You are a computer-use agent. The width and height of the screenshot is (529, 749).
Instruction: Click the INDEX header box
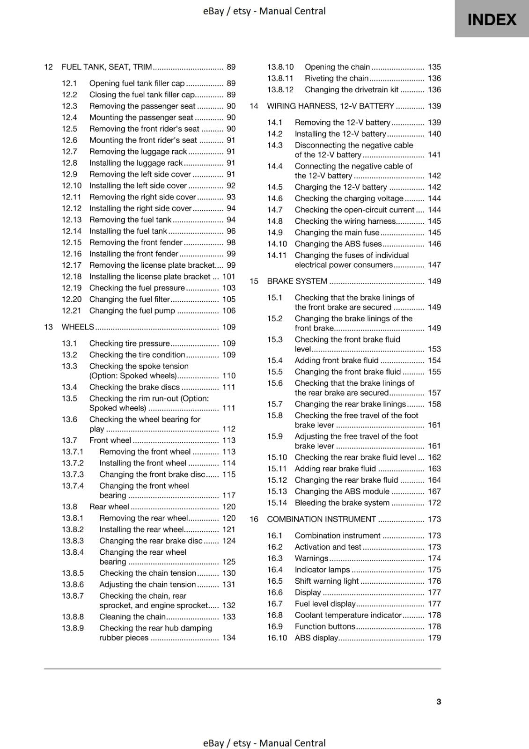coord(492,19)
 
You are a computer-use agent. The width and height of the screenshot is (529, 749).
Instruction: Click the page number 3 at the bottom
coord(439,701)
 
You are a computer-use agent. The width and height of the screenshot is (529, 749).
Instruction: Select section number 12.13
coord(72,220)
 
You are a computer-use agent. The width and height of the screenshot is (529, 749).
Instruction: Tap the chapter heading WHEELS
coord(78,327)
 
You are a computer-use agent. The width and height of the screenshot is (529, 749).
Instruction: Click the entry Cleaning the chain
coord(132,617)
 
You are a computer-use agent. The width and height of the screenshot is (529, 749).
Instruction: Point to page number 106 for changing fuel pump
coord(229,310)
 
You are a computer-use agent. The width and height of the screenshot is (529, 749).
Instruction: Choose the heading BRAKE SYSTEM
coord(297,281)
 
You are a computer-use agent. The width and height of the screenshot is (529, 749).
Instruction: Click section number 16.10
coord(277,638)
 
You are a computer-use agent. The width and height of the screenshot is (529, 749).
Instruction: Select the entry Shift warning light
coord(326,581)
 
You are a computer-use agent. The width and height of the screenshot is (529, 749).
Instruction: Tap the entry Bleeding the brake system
coord(342,503)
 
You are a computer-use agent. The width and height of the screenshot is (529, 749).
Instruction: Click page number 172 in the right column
coord(434,503)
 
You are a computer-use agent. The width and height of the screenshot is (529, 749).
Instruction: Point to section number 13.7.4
coord(73,486)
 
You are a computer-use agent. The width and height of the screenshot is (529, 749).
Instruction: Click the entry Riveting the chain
coord(337,78)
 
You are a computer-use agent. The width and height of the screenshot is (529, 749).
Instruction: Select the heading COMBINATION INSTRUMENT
coord(321,519)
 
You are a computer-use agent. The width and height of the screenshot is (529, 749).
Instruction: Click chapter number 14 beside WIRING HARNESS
coord(254,106)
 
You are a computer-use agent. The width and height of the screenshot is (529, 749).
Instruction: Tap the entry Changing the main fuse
coord(337,232)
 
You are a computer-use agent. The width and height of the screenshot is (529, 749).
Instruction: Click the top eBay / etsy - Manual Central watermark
coord(264,11)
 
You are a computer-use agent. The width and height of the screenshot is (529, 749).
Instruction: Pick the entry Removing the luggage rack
coord(138,151)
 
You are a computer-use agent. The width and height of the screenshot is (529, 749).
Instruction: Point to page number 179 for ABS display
coord(434,638)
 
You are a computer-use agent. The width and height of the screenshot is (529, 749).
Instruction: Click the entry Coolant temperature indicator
coord(348,615)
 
